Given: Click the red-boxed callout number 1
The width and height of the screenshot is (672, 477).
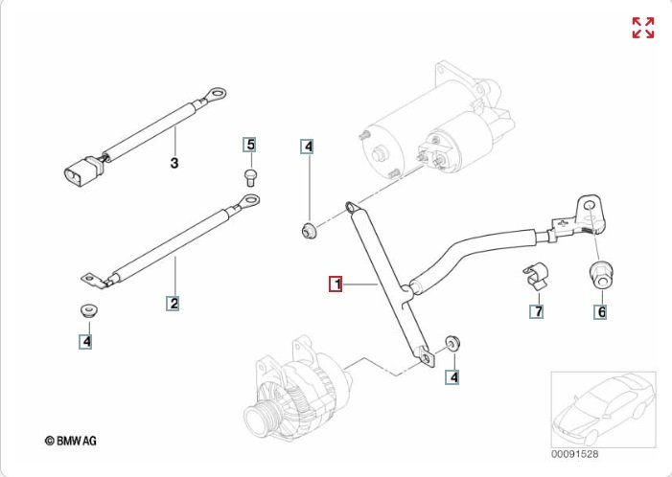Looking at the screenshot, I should point(336,284).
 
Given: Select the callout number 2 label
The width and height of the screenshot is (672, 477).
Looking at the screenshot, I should point(174,304).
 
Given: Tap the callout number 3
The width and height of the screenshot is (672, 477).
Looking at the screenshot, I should point(174,164).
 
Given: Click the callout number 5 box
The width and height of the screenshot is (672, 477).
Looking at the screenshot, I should point(250,145).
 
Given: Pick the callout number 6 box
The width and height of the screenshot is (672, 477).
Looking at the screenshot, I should point(600,311).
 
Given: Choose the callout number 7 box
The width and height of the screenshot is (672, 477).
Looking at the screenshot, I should point(537,311).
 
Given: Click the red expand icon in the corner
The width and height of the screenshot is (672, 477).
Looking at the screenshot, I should point(642,28).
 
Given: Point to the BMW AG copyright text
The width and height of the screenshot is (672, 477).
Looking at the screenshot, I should point(70,441).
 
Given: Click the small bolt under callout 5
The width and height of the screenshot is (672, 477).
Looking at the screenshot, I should point(251,174).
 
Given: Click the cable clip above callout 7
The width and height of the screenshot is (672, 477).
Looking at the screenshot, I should point(534,276).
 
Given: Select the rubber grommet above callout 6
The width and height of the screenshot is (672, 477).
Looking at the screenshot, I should point(600,273).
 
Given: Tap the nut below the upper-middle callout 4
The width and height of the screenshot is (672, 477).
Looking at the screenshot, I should point(309,229).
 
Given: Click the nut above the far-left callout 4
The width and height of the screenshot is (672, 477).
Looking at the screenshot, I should point(86,312).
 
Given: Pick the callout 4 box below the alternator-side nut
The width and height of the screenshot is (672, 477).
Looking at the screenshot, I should point(453,377).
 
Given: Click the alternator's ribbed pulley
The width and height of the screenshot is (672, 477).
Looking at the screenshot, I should point(261,418).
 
